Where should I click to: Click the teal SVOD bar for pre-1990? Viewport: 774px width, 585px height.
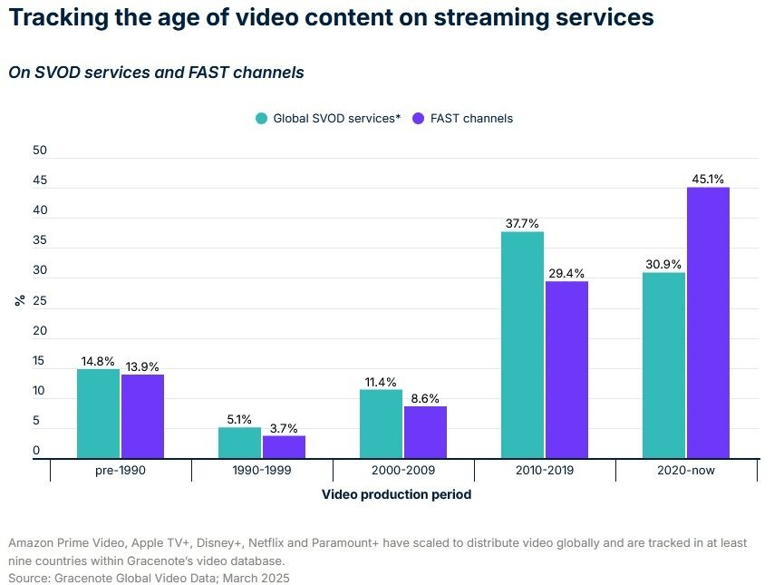pyautogui.click(x=98, y=414)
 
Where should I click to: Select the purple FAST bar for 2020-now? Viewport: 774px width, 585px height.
pyautogui.click(x=708, y=323)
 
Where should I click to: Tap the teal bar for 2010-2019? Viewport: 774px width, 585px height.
pyautogui.click(x=522, y=345)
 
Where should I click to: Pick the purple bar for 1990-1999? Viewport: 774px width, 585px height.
pyautogui.click(x=284, y=447)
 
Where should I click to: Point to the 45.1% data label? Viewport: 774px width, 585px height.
pyautogui.click(x=708, y=180)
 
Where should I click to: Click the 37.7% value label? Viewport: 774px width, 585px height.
pyautogui.click(x=522, y=223)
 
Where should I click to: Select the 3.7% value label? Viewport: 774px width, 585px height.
pyautogui.click(x=284, y=428)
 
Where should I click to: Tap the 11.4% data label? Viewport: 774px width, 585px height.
pyautogui.click(x=381, y=382)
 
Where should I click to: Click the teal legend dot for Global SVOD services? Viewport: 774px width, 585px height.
pyautogui.click(x=261, y=119)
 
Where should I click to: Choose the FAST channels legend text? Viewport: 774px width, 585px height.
pyautogui.click(x=471, y=119)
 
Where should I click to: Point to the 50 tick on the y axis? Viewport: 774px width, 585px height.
pyautogui.click(x=39, y=151)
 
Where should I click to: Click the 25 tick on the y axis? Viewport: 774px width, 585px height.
pyautogui.click(x=39, y=301)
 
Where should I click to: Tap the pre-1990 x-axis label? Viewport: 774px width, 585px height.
pyautogui.click(x=120, y=472)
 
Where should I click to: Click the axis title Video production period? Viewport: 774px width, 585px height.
pyautogui.click(x=396, y=495)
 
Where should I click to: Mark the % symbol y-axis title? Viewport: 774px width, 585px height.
pyautogui.click(x=19, y=301)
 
